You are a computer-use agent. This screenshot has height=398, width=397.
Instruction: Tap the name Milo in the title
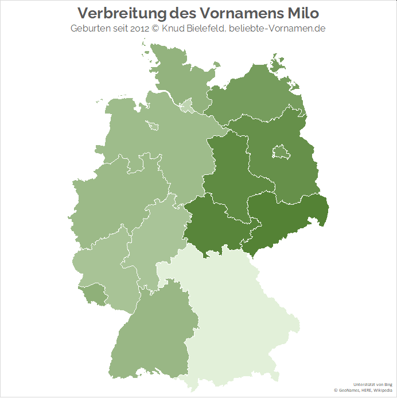point(302,13)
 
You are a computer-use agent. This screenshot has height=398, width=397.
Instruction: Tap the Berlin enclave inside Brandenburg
point(281,153)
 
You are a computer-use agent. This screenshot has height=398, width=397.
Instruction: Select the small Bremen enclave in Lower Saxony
point(153,126)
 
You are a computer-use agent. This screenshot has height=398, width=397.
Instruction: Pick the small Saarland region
point(92,294)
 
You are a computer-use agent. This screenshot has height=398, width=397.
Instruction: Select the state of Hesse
point(152,241)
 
